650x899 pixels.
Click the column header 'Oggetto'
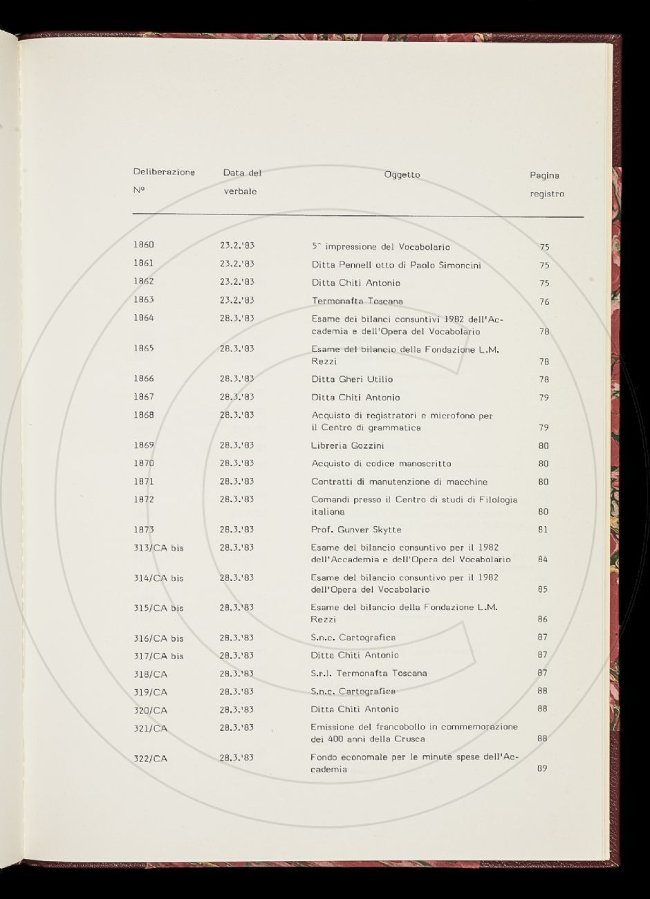pyautogui.click(x=402, y=175)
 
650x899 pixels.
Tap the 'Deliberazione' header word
pyautogui.click(x=164, y=172)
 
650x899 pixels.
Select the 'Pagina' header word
pyautogui.click(x=544, y=176)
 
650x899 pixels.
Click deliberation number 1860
pyautogui.click(x=144, y=245)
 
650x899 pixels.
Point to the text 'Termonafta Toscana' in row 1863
pyautogui.click(x=357, y=302)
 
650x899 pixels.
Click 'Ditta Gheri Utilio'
pyautogui.click(x=352, y=379)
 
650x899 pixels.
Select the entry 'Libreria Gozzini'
pyautogui.click(x=348, y=445)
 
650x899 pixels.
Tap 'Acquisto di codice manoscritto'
pyautogui.click(x=381, y=463)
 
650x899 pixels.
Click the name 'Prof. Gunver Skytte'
pyautogui.click(x=356, y=530)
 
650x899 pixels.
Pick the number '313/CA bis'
pyautogui.click(x=158, y=548)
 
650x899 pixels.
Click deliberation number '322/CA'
pyautogui.click(x=151, y=759)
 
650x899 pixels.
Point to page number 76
pyautogui.click(x=544, y=302)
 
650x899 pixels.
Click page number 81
pyautogui.click(x=543, y=530)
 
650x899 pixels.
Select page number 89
pyautogui.click(x=542, y=768)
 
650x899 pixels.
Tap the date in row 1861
pyautogui.click(x=237, y=263)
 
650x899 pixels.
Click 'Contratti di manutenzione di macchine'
pyautogui.click(x=399, y=481)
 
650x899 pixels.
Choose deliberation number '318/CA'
pyautogui.click(x=151, y=674)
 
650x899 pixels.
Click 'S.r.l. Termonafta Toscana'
pyautogui.click(x=369, y=673)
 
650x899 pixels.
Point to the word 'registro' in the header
pyautogui.click(x=547, y=194)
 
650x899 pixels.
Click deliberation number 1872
pyautogui.click(x=144, y=499)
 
